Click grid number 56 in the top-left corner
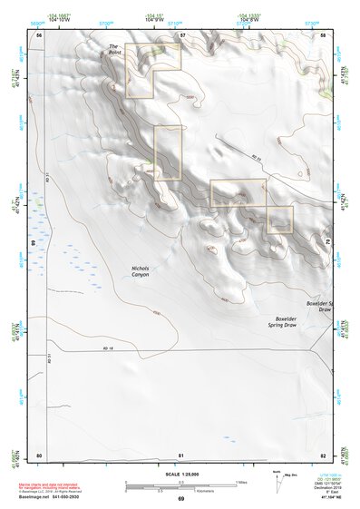click(x=39, y=34)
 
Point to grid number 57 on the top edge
click(x=182, y=34)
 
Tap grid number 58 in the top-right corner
click(x=324, y=34)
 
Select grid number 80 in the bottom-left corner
click(x=39, y=455)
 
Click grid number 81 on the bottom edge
click(x=181, y=455)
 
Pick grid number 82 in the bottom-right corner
click(x=324, y=455)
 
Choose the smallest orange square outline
click(x=279, y=220)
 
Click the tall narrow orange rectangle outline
click(x=168, y=152)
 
